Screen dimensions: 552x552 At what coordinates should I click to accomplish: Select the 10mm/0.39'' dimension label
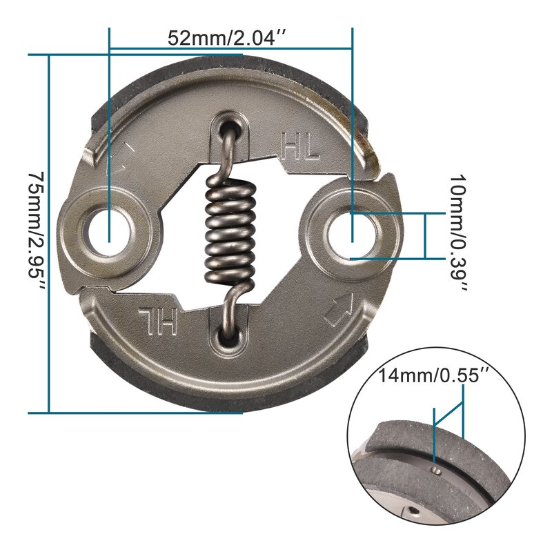(457, 234)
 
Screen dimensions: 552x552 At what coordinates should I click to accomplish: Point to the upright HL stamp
(300, 146)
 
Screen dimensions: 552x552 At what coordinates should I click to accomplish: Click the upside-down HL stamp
(159, 319)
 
